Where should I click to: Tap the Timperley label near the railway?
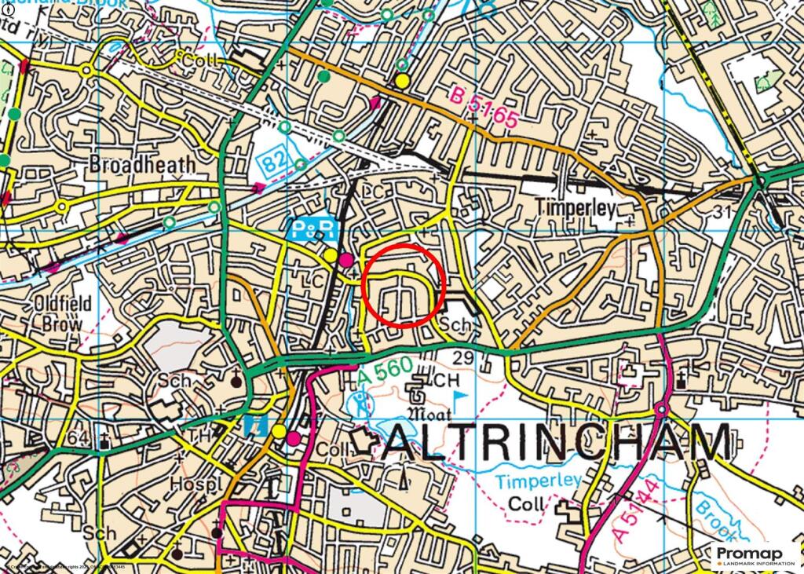tap(575, 207)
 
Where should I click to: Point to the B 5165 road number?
tap(485, 108)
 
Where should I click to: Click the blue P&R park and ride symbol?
tap(315, 229)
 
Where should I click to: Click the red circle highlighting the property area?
tap(404, 284)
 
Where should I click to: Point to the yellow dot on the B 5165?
tap(403, 81)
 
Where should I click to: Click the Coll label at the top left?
tap(194, 59)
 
